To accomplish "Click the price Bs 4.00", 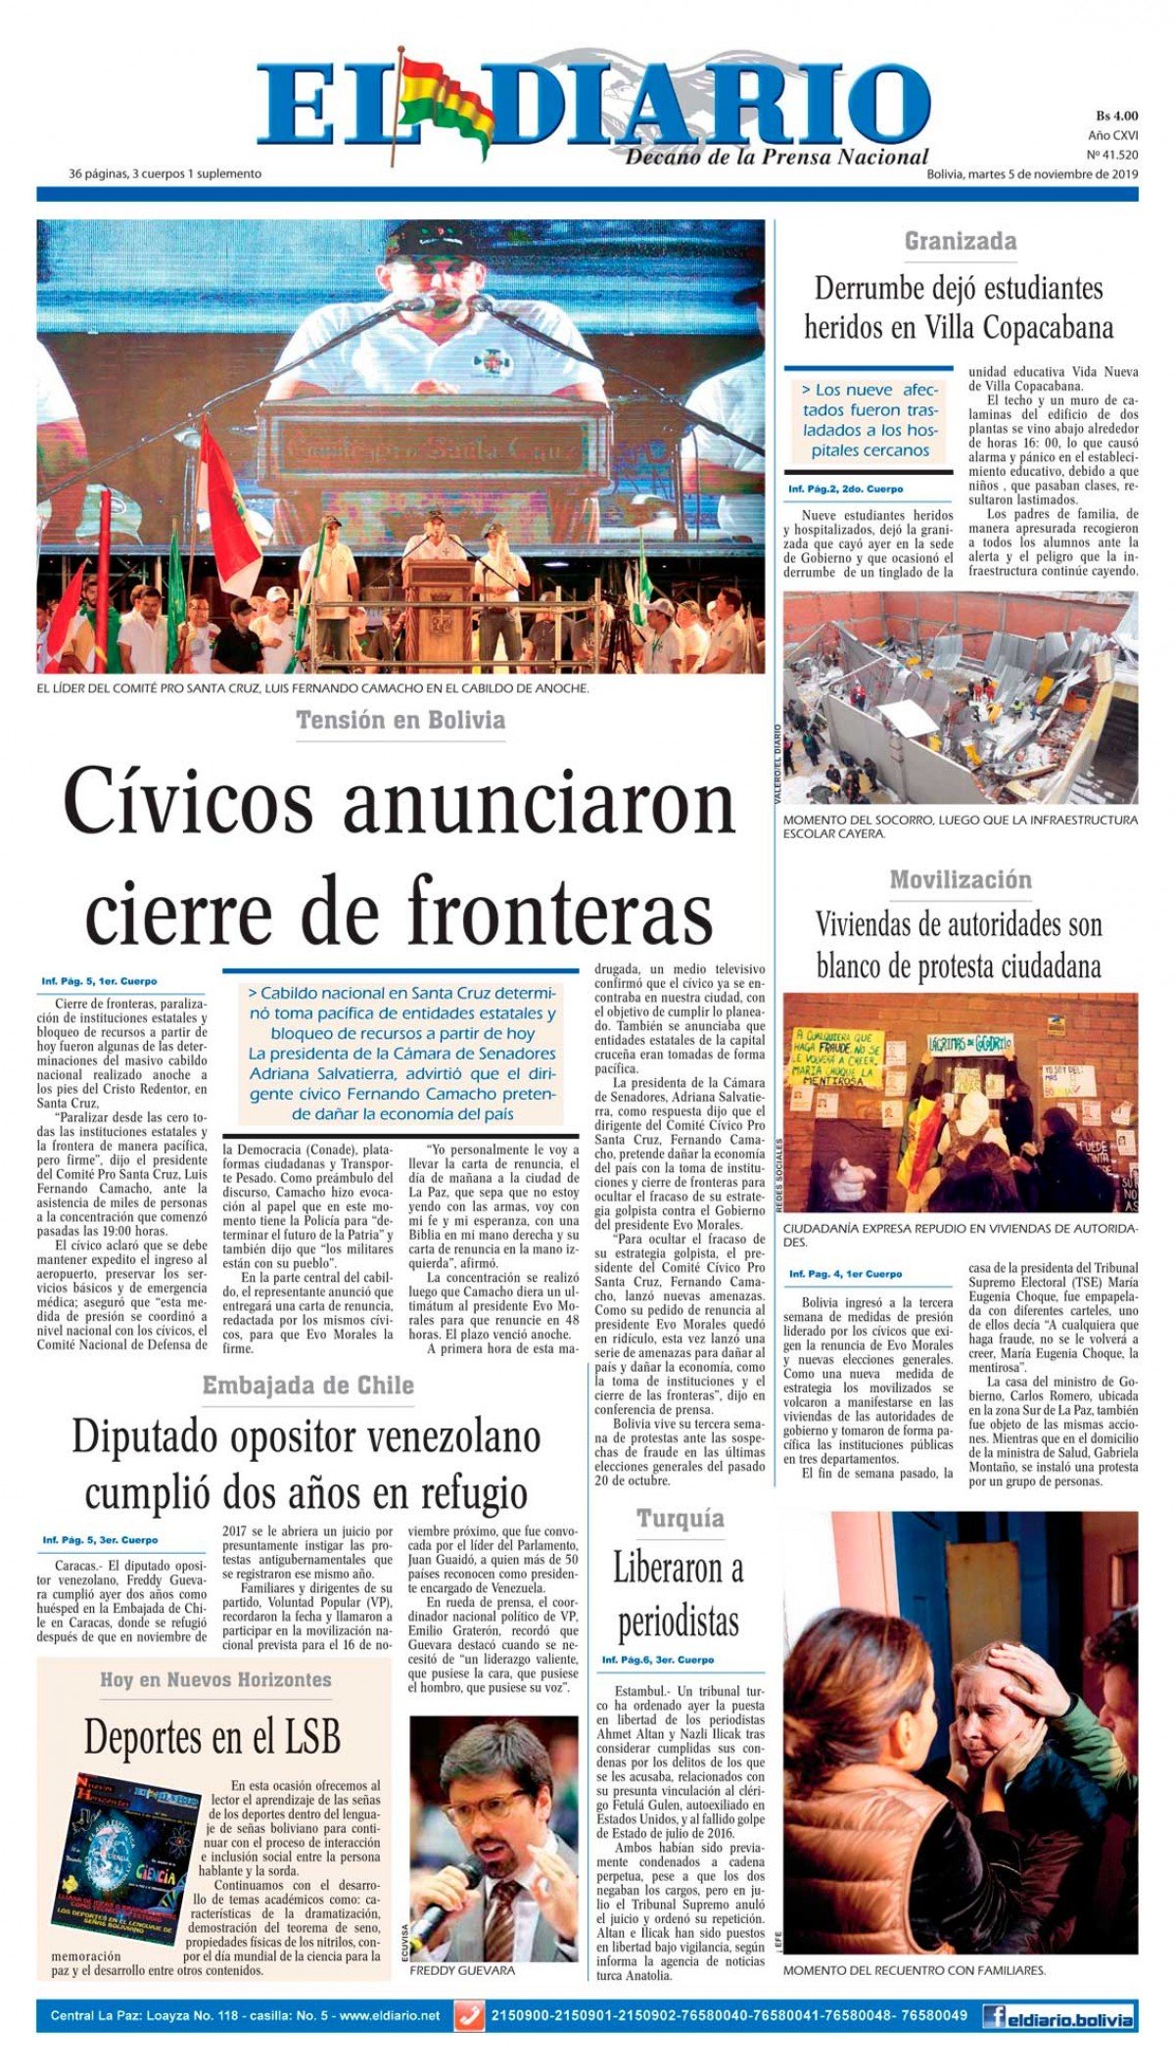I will pos(1116,116).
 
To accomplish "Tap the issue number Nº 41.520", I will pos(1112,155).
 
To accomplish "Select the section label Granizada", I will pos(960,241).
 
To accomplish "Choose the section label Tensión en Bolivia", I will pos(400,721).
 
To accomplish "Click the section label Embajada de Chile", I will pos(307,1386).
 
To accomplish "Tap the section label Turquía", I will pos(680,1519).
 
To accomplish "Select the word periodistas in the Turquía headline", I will pos(678,1622).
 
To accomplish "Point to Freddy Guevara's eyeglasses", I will pos(487,1805).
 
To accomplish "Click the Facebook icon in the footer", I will pos(994,2015).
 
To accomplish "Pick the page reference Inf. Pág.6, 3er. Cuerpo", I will pos(657,1660).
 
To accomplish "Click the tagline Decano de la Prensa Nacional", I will pos(776,158).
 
